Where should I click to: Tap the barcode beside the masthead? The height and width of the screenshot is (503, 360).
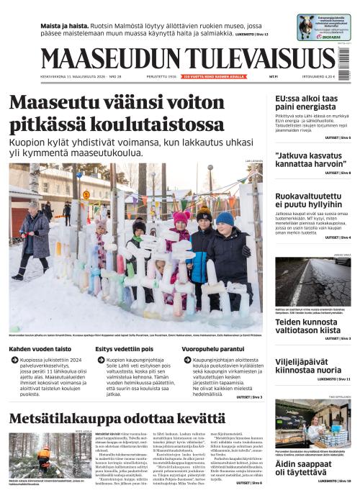point(345,60)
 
